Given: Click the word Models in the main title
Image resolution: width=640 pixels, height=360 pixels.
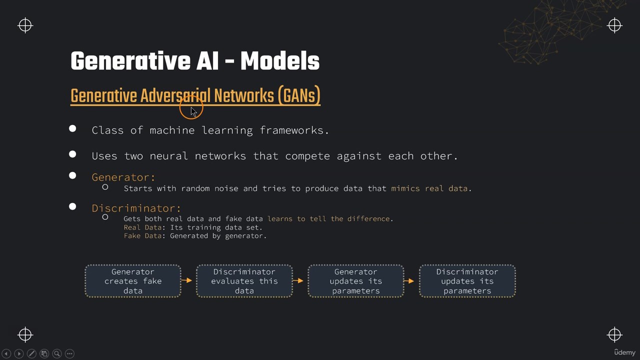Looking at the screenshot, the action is pos(280,61).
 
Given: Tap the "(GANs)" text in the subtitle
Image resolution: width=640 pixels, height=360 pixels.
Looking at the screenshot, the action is pos(299,95).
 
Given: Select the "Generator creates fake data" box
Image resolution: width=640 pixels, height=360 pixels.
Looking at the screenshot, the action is pos(133,281).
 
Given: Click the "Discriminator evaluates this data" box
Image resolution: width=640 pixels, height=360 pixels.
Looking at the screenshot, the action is pos(244,281).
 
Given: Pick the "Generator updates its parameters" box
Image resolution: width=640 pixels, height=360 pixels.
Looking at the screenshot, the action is pos(355,281).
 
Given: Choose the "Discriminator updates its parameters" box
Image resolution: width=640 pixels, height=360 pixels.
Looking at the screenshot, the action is pos(467,281).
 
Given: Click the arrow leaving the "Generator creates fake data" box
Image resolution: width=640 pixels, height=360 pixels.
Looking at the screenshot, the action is pos(186,280).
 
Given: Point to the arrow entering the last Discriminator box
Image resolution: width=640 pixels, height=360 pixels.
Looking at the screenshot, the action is pos(409,281).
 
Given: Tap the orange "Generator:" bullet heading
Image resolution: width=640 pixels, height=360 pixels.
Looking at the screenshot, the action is pos(123,177).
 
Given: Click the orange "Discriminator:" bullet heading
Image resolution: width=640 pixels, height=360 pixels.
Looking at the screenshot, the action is pos(136,208).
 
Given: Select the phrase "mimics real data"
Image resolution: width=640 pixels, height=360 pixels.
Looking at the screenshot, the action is pos(429,188).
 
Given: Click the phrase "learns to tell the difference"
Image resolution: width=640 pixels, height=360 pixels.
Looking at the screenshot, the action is pos(328,219).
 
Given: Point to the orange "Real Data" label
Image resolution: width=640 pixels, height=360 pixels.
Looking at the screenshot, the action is pos(142,227).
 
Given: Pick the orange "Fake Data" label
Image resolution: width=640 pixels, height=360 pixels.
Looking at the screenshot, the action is pos(142,235).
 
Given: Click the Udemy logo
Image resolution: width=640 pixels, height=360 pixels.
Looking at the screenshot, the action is pos(625,352).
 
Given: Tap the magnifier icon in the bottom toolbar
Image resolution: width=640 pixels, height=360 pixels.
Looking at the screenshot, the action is pos(57,353).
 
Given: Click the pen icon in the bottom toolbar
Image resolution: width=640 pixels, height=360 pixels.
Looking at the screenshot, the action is pos(31,353).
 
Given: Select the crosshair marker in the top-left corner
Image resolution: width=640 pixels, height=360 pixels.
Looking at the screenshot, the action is pos(25,25).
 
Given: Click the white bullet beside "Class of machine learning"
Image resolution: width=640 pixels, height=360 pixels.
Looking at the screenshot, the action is pos(72,128).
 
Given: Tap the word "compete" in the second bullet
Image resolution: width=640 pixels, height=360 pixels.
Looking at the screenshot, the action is pos(307,156).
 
